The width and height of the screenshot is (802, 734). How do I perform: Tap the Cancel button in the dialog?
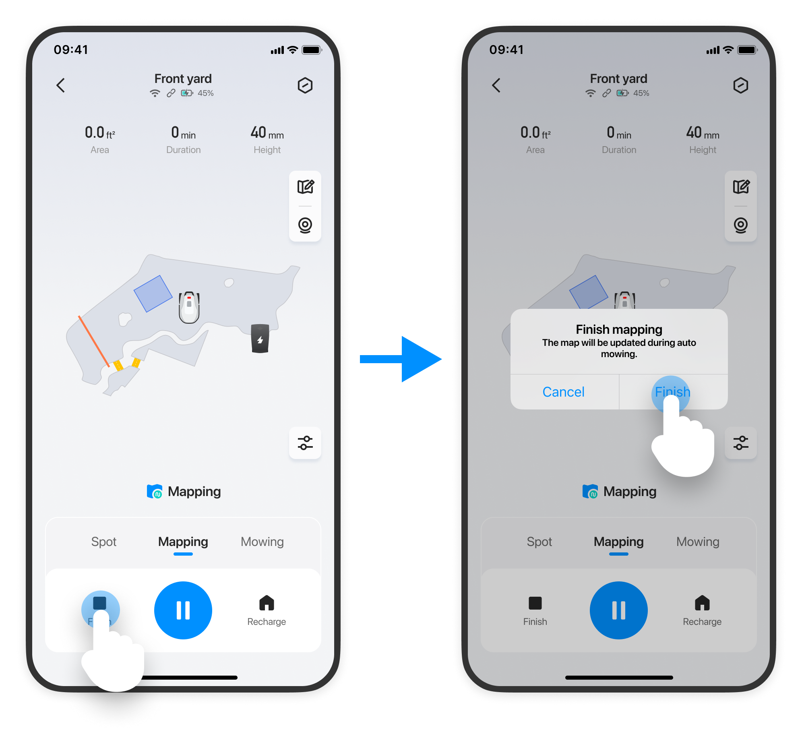point(563,392)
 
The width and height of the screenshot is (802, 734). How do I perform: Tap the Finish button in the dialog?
point(672,392)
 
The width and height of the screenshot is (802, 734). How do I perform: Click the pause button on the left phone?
point(183,610)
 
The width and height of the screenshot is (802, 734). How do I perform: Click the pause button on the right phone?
point(619,610)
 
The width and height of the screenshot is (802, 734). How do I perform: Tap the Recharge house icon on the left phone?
point(267,603)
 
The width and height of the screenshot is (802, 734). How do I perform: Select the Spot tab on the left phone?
point(104,542)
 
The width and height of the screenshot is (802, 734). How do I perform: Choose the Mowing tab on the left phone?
point(262,542)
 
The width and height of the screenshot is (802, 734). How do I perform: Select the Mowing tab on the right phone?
point(698,542)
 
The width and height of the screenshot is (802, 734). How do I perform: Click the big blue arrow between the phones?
point(401,359)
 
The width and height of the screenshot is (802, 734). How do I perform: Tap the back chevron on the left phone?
point(60,85)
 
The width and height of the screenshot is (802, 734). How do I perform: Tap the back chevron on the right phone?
point(496,85)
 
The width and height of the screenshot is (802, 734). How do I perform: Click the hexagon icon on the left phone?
point(305,85)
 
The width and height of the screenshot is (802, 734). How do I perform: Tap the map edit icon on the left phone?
point(306,187)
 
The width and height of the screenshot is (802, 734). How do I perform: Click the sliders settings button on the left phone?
point(305,443)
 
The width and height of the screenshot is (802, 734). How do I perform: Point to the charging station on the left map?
point(260,338)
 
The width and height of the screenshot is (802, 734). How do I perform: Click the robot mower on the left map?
point(189,307)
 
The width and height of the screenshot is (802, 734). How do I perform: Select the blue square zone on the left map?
point(153,294)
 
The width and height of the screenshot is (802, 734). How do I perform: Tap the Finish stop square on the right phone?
point(535,603)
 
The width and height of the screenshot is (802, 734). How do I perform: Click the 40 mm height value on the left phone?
point(267,133)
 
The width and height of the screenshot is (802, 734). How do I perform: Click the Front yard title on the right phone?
point(618,79)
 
